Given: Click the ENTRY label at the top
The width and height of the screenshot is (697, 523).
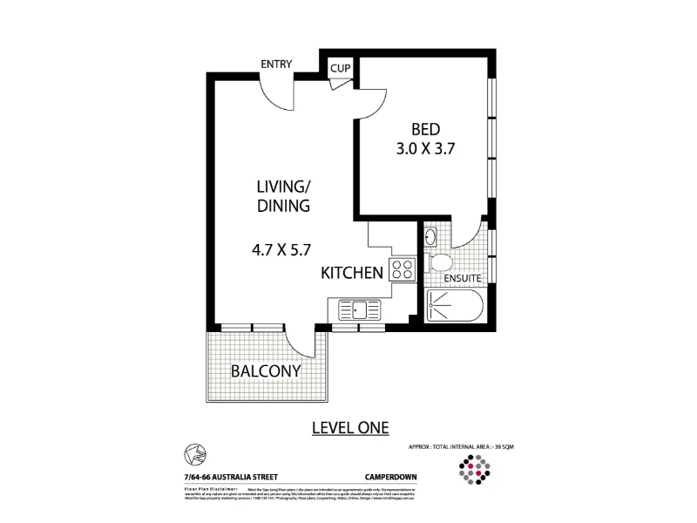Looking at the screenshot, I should click(x=276, y=64).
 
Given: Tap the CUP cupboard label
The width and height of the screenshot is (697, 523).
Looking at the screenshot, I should click(x=339, y=66).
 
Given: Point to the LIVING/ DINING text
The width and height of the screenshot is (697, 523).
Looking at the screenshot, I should click(x=283, y=196).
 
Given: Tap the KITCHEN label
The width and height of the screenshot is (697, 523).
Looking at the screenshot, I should click(x=353, y=273).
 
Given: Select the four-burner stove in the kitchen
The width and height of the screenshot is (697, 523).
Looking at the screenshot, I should click(x=403, y=269).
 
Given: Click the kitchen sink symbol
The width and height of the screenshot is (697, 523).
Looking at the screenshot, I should click(x=358, y=309).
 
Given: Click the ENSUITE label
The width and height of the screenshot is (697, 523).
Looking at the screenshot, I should click(x=464, y=279).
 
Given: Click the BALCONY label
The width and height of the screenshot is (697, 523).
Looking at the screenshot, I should click(x=265, y=370).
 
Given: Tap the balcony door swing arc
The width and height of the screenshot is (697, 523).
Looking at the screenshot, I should click(x=301, y=344).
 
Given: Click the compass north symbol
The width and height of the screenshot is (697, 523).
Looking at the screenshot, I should click(x=193, y=453).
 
